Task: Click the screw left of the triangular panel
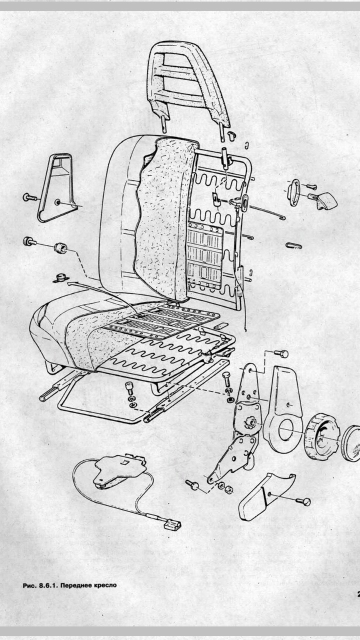(29, 197)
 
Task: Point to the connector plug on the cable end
(172, 525)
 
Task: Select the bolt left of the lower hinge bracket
(192, 484)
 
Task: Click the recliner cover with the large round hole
(283, 410)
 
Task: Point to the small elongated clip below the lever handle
(293, 245)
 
